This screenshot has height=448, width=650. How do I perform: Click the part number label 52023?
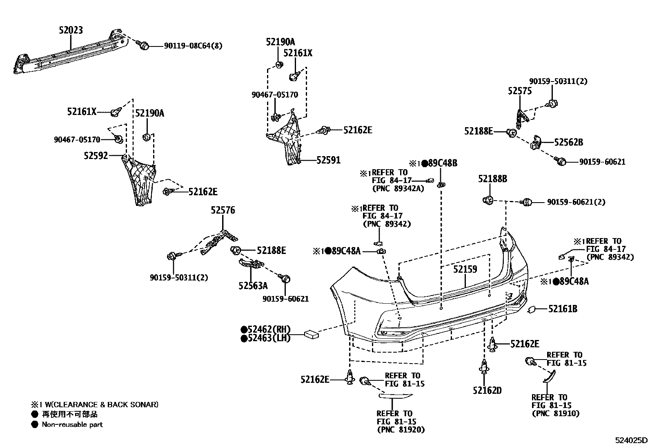(70, 30)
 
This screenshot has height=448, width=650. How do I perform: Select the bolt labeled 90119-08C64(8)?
(144, 46)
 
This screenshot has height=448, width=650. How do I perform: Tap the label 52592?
(96, 155)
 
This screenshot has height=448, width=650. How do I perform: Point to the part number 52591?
(328, 160)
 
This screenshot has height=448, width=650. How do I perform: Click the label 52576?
(223, 210)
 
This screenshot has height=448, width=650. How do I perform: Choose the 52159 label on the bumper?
(465, 269)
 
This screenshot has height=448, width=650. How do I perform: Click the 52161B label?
(563, 309)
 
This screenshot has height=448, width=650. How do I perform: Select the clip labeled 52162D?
(484, 368)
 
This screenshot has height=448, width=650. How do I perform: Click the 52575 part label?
(520, 91)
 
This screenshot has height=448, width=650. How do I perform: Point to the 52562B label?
(568, 142)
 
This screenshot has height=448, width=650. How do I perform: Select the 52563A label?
(253, 286)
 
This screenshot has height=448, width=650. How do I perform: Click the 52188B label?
(493, 179)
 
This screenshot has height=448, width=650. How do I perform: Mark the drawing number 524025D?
(632, 440)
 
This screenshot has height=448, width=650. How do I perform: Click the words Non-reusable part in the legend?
(72, 424)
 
